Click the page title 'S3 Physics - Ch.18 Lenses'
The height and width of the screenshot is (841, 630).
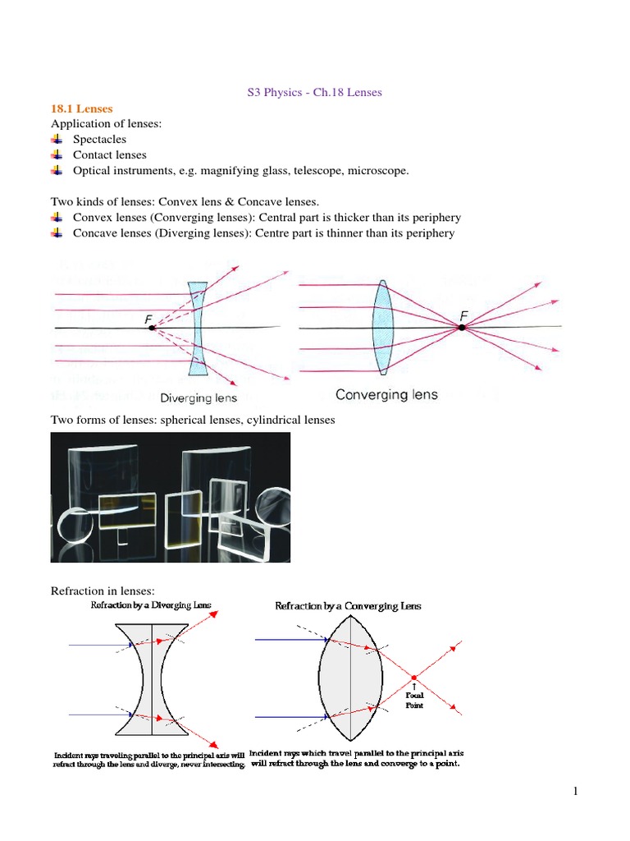point(315,92)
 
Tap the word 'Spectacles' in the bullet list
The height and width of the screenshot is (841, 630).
point(99,139)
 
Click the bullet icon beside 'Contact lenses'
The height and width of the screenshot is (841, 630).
point(57,154)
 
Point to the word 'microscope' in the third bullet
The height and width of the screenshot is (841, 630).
point(377,170)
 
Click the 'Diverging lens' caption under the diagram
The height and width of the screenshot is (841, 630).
point(199,398)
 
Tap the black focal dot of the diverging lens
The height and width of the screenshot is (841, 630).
point(152,327)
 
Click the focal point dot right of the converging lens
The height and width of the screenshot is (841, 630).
point(462,327)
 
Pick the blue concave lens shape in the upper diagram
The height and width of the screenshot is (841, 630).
point(197,329)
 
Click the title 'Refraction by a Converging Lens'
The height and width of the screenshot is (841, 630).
point(348,606)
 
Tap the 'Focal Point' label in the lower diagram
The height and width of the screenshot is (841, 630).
point(414,700)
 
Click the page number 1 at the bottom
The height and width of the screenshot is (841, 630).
point(577,791)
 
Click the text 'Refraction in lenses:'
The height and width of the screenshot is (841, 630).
point(103,590)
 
